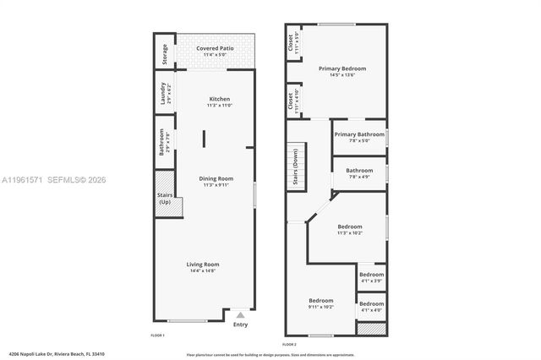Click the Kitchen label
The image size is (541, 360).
tap(219, 102)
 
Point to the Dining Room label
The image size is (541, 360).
tap(216, 181)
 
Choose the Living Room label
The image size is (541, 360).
tap(203, 267)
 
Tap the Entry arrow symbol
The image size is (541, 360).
tap(240, 314)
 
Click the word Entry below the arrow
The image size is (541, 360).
tap(241, 324)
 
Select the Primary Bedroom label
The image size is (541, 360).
tap(342, 71)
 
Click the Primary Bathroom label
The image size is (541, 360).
tap(358, 137)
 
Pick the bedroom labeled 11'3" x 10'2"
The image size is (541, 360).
tap(350, 229)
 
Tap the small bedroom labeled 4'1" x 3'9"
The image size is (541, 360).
tap(371, 277)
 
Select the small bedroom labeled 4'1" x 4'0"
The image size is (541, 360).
tap(371, 307)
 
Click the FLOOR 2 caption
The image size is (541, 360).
tap(290, 345)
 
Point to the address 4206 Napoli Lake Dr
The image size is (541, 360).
tap(46, 355)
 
